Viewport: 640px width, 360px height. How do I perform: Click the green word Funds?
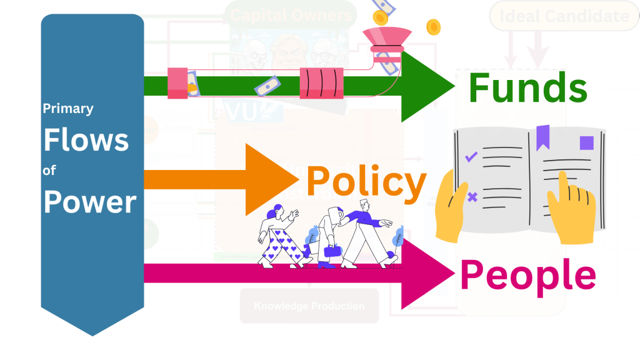tap(527, 88)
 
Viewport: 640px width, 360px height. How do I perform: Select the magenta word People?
tap(527, 275)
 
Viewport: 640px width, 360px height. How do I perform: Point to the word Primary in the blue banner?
tap(67, 109)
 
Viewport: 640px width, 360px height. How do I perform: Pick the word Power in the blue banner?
tap(89, 202)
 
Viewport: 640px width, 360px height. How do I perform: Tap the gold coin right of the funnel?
tap(433, 27)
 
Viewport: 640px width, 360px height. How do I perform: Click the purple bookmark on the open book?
tap(542, 135)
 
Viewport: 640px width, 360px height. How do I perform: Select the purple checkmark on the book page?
tap(472, 157)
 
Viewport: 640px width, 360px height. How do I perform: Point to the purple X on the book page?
tap(472, 197)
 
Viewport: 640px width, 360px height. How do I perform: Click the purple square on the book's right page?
tap(586, 143)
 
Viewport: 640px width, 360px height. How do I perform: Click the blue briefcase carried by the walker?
tap(331, 251)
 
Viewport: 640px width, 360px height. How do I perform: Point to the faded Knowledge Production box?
tap(309, 306)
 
